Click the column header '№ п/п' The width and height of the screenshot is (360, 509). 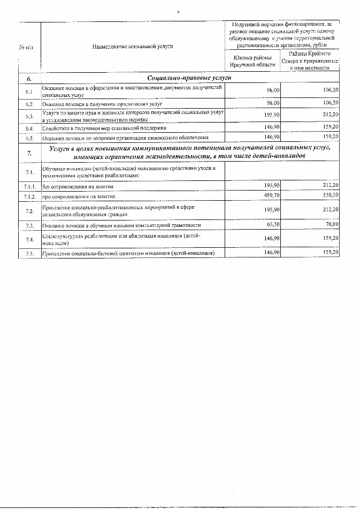click(26, 47)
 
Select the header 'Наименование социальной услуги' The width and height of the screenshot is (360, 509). click(133, 47)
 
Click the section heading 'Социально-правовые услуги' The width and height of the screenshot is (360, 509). click(174, 79)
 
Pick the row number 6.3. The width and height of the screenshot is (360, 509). click(29, 116)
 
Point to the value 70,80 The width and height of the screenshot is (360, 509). click(331, 225)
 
